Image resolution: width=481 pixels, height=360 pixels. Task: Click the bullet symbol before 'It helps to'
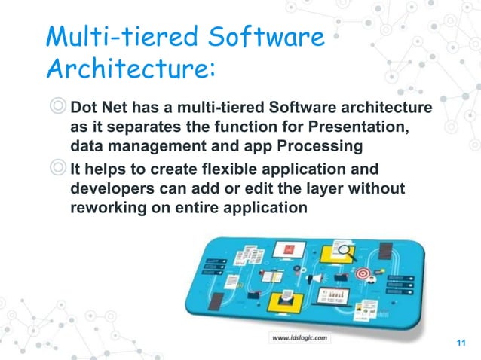pyautogui.click(x=57, y=168)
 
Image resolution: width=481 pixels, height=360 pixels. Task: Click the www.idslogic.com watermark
pyautogui.click(x=299, y=337)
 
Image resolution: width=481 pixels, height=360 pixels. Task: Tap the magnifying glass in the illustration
pyautogui.click(x=347, y=253)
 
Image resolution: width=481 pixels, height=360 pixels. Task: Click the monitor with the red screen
pyautogui.click(x=288, y=248)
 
